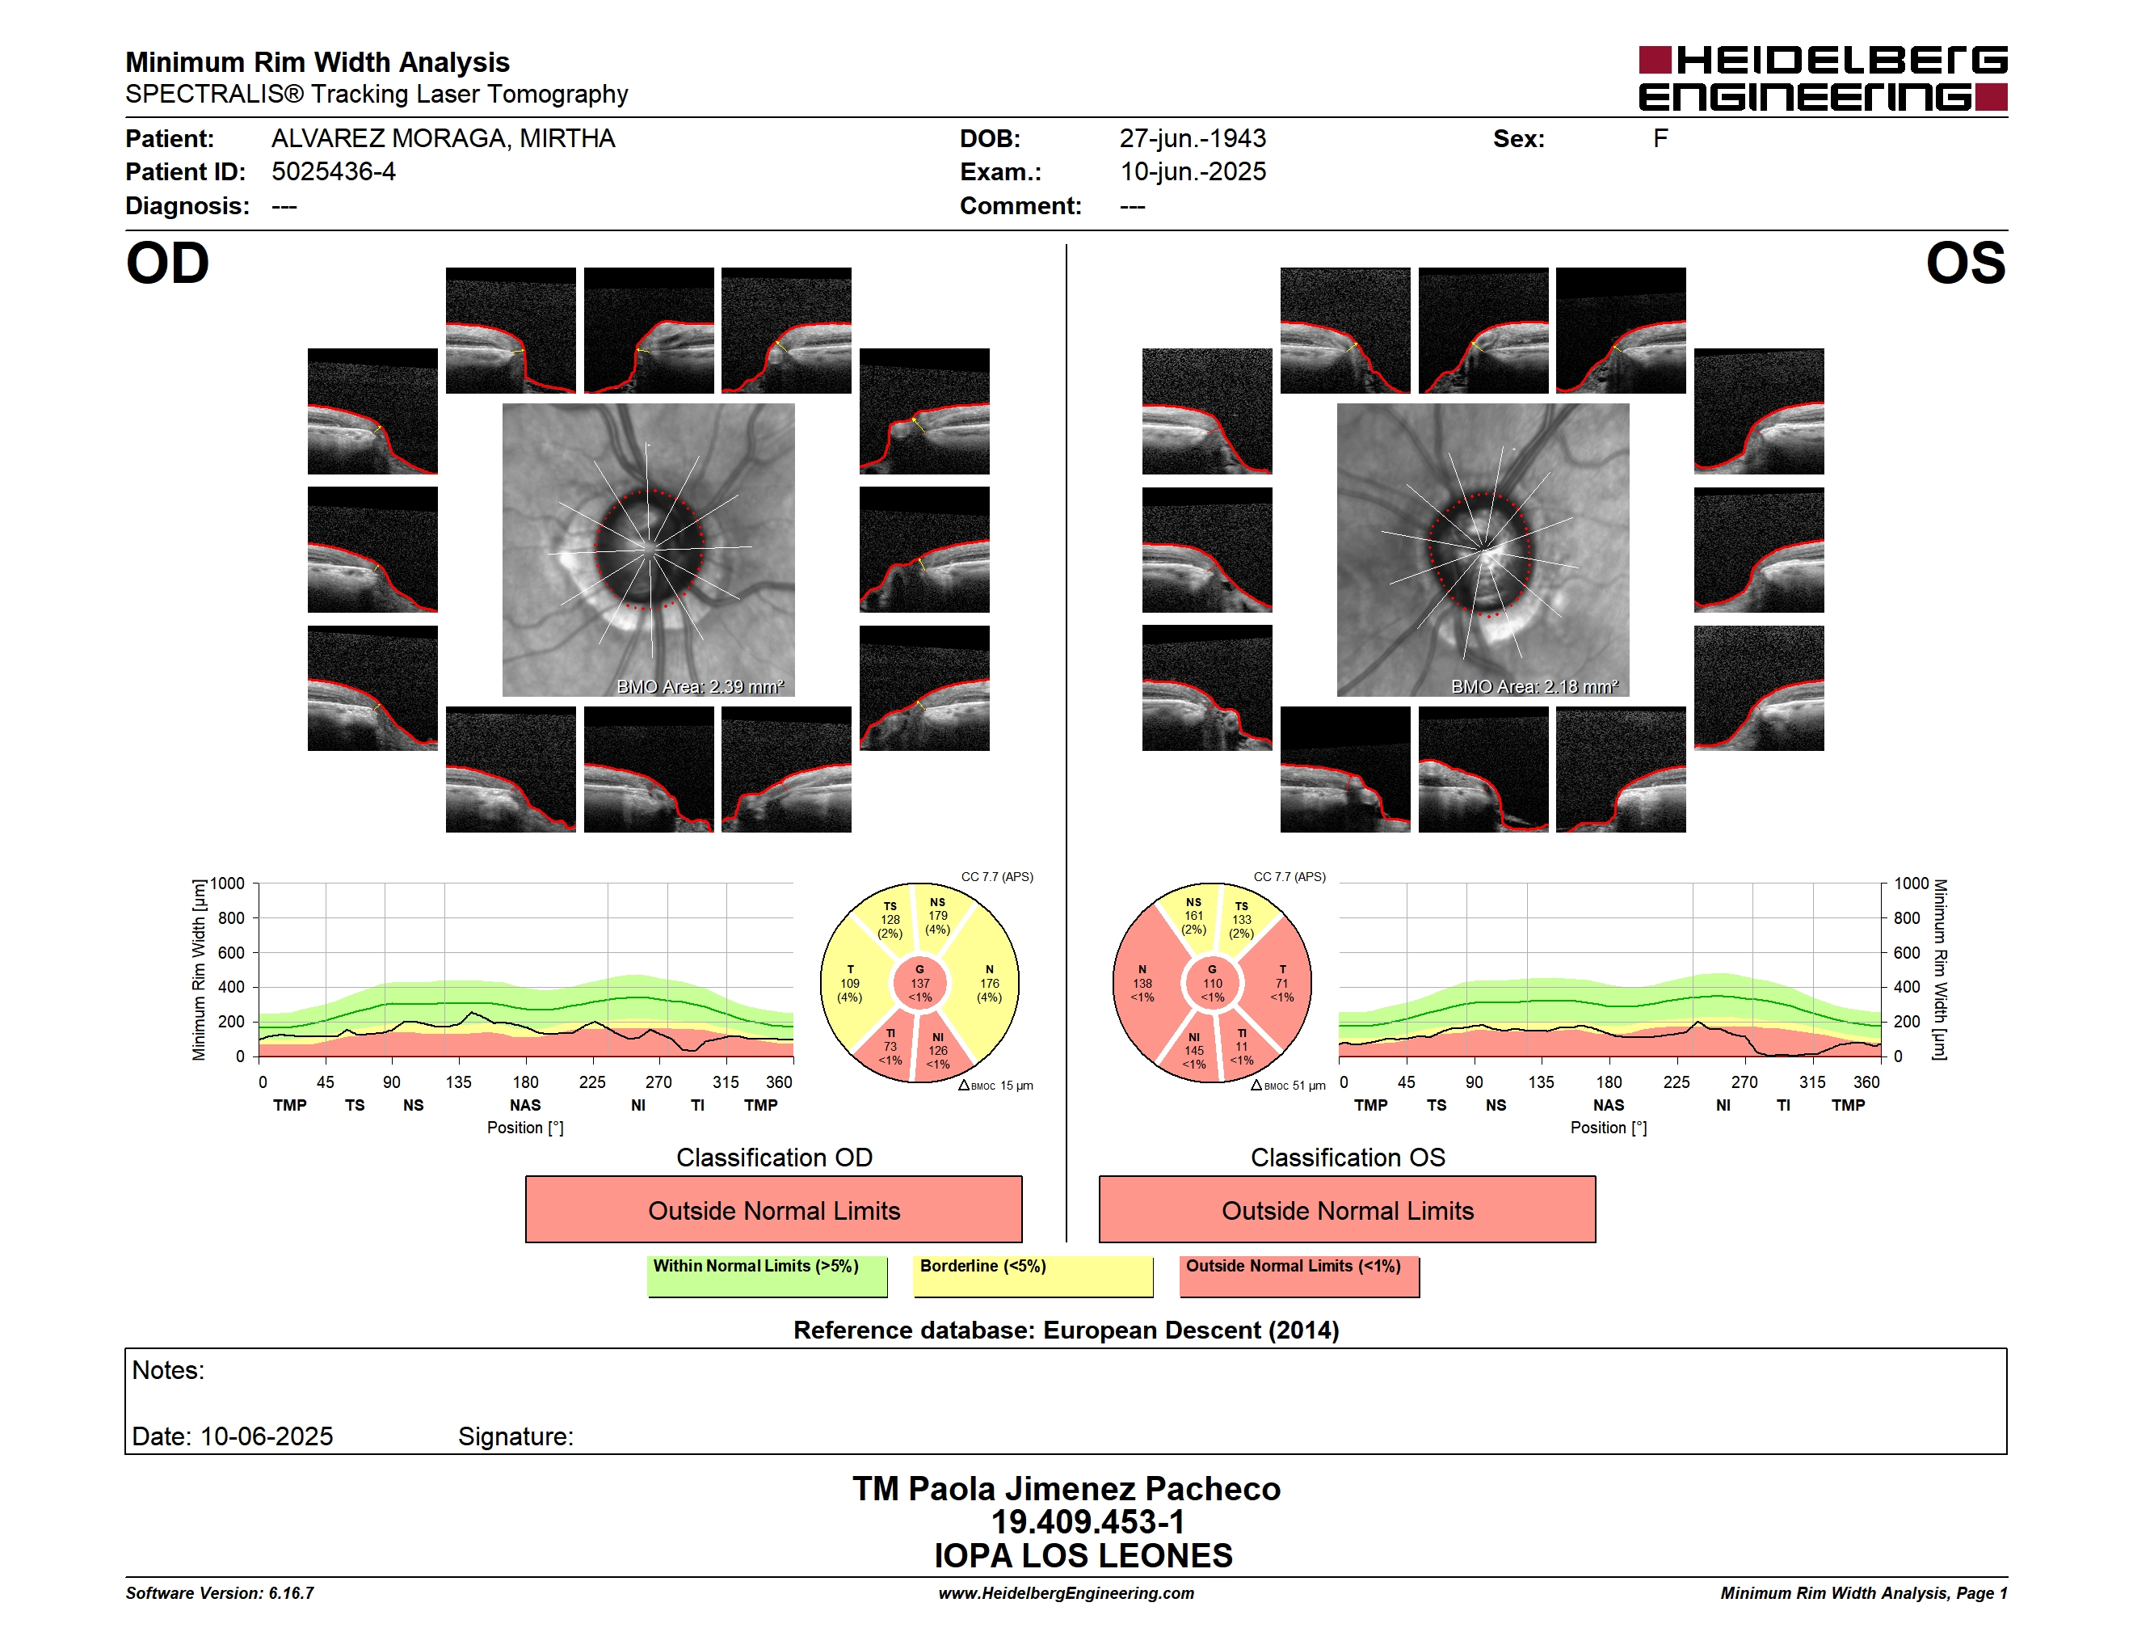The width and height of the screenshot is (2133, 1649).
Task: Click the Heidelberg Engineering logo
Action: click(x=1823, y=78)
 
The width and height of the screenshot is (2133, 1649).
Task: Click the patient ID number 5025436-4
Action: click(x=333, y=172)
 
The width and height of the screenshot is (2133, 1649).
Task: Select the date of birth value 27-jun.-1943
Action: click(x=1193, y=139)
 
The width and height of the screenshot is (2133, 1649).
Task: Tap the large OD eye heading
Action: click(x=167, y=263)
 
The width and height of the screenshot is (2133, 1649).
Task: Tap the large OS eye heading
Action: click(x=1965, y=263)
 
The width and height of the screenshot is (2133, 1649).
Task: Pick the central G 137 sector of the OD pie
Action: click(x=920, y=983)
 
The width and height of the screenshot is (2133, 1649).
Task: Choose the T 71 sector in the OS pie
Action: click(x=1281, y=983)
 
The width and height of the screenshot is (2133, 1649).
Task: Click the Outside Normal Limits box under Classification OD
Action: click(x=773, y=1209)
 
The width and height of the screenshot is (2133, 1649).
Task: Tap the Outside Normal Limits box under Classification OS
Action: click(x=1348, y=1209)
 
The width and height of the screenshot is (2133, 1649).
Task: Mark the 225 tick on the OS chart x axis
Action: click(x=1676, y=1082)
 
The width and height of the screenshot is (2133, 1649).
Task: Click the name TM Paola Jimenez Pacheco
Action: click(x=1066, y=1488)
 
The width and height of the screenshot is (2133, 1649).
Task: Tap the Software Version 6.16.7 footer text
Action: click(x=220, y=1593)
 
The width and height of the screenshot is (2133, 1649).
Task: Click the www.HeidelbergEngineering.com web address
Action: click(x=1066, y=1593)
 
